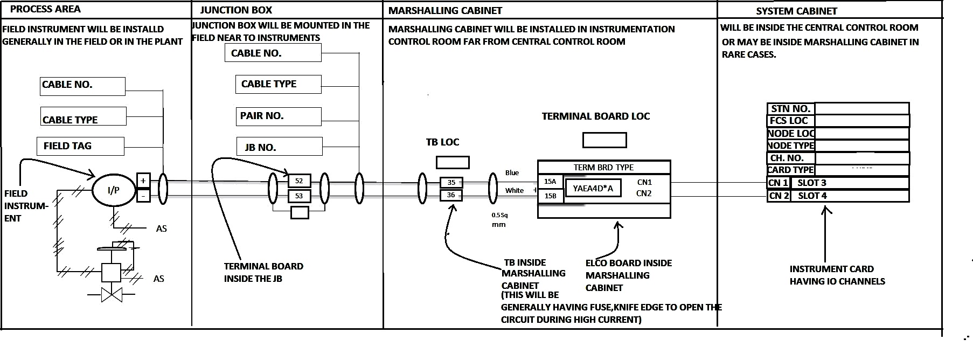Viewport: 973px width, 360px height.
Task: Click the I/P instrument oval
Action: point(113,190)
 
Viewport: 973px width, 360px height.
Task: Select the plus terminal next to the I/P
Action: point(143,181)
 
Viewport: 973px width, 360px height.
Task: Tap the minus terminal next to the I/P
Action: point(143,195)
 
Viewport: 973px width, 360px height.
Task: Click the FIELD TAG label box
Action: point(81,146)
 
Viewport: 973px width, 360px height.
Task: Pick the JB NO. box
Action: point(280,147)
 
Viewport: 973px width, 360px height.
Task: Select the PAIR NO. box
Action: point(278,116)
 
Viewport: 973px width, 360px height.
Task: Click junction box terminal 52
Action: point(299,181)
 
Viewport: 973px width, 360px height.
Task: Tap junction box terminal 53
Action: point(299,196)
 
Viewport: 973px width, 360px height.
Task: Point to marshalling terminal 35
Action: point(451,182)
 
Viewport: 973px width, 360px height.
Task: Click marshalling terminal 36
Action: point(451,195)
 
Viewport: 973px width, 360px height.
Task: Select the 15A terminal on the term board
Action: point(551,182)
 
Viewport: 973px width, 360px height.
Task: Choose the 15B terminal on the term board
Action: point(551,196)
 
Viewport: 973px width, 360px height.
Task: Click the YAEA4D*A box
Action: point(593,188)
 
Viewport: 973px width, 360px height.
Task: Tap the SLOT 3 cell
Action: point(850,183)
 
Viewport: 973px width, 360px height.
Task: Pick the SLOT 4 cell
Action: point(850,196)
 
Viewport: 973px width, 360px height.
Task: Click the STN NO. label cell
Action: point(791,108)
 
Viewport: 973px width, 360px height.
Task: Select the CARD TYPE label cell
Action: point(791,170)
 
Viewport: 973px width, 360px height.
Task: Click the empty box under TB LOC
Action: point(452,162)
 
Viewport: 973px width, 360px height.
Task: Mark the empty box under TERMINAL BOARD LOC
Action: point(604,140)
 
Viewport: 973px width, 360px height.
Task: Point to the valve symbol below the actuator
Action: point(112,295)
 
